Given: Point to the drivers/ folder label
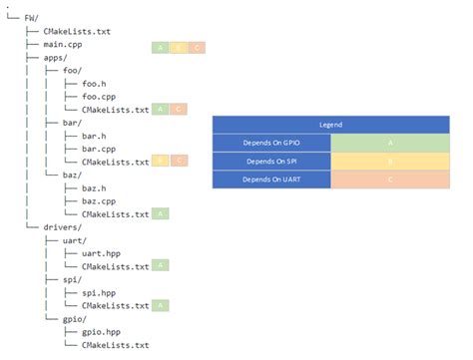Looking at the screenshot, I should (x=65, y=227).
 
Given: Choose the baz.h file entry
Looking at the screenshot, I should (x=97, y=187).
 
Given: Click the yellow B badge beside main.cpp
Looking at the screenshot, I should (x=179, y=47).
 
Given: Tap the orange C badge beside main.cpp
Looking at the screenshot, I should (x=197, y=47).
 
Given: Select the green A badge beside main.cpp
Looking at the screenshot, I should (x=161, y=47).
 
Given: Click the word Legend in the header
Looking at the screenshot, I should (x=330, y=125).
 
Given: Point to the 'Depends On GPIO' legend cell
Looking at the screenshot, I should (x=271, y=143).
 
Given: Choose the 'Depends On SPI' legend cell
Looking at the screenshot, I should (x=271, y=161).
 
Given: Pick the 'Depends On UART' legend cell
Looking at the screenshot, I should (x=271, y=180).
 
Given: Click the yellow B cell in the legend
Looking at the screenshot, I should (x=390, y=161).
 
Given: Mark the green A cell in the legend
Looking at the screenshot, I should (x=390, y=143).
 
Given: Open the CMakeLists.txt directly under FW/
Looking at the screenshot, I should (x=76, y=32).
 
